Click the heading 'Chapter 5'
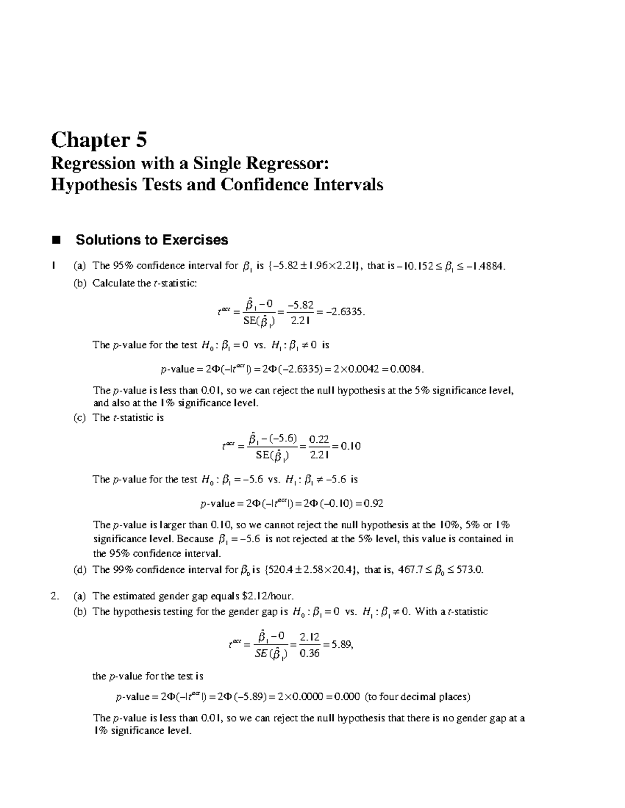(x=99, y=140)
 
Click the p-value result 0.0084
(x=405, y=369)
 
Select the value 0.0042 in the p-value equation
(x=365, y=369)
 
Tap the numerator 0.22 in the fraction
(x=318, y=440)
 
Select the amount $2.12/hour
(x=271, y=596)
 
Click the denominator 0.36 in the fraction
(x=310, y=653)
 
